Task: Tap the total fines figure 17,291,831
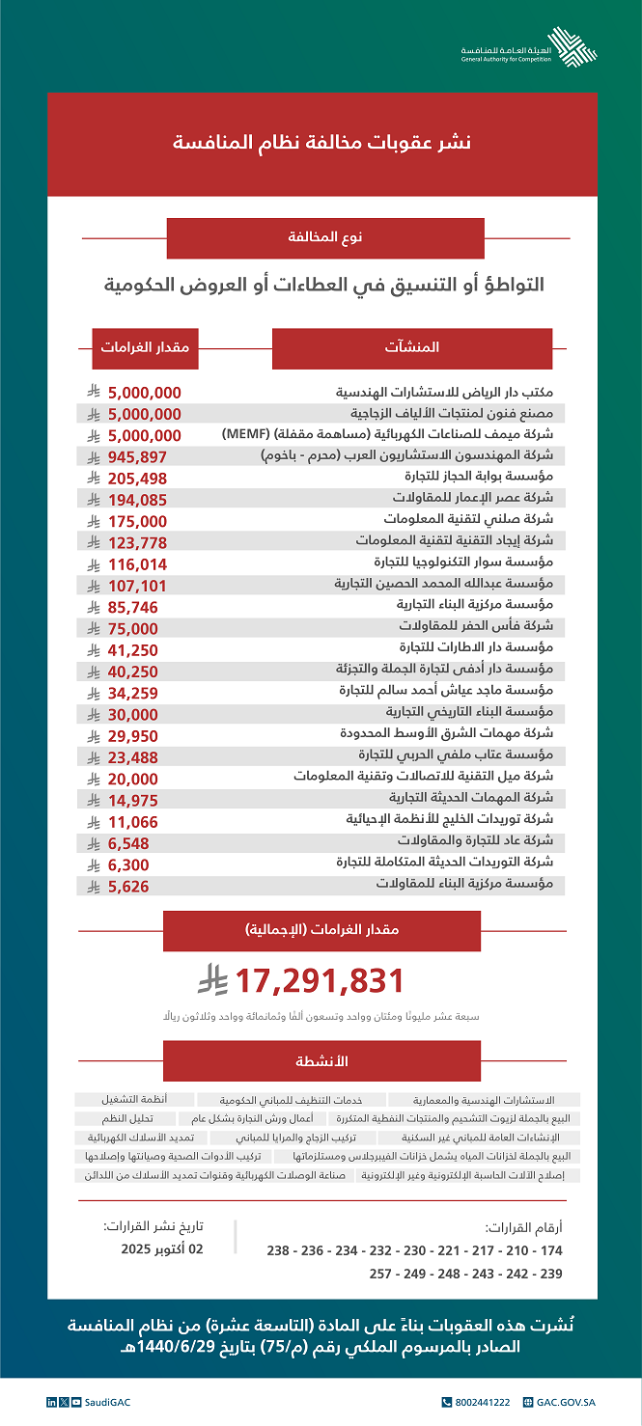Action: pyautogui.click(x=318, y=981)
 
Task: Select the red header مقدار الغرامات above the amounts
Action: pyautogui.click(x=145, y=347)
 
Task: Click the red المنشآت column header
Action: pyautogui.click(x=411, y=347)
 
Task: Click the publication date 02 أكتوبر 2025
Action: pyautogui.click(x=157, y=1248)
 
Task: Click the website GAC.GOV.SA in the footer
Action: pyautogui.click(x=563, y=1400)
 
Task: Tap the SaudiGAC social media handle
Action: pyautogui.click(x=92, y=1400)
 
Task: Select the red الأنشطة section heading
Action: pyautogui.click(x=321, y=1060)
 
